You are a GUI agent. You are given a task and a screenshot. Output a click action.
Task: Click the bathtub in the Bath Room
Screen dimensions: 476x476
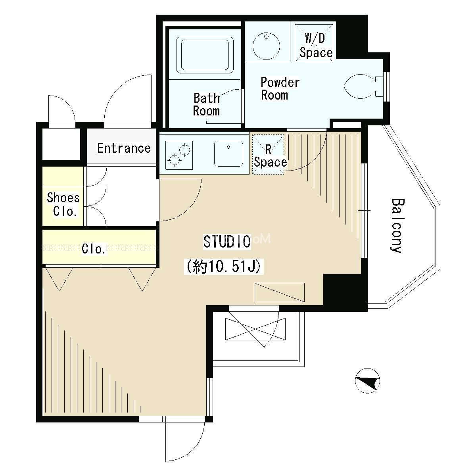click(x=207, y=55)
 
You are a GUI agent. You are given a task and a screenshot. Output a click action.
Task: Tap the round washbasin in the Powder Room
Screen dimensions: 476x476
click(x=266, y=46)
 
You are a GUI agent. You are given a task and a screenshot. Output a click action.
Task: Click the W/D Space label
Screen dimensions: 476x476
click(x=315, y=46)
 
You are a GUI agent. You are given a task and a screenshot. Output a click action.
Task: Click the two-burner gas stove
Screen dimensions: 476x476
click(x=179, y=155)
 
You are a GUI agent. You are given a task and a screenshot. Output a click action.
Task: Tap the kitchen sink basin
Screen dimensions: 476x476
click(x=228, y=154)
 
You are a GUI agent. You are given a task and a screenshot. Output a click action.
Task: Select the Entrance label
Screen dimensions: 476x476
click(x=124, y=148)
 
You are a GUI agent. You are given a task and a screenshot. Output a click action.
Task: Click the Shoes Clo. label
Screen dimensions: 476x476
click(x=63, y=204)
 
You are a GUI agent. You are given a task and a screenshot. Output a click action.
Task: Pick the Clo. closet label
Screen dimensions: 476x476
click(x=94, y=249)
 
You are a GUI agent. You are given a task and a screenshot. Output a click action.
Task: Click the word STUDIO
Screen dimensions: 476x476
click(x=227, y=242)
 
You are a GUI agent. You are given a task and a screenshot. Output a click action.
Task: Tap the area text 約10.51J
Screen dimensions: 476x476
click(x=224, y=266)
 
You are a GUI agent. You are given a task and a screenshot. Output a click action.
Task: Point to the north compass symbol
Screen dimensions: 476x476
click(x=367, y=381)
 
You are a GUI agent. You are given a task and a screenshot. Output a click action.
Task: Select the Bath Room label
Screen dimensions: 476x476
click(x=207, y=104)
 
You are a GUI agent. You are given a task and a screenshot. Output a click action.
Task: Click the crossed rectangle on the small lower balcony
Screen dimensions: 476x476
click(x=255, y=329)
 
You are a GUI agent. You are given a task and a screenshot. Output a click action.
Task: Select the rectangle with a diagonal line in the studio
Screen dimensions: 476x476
click(x=279, y=292)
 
